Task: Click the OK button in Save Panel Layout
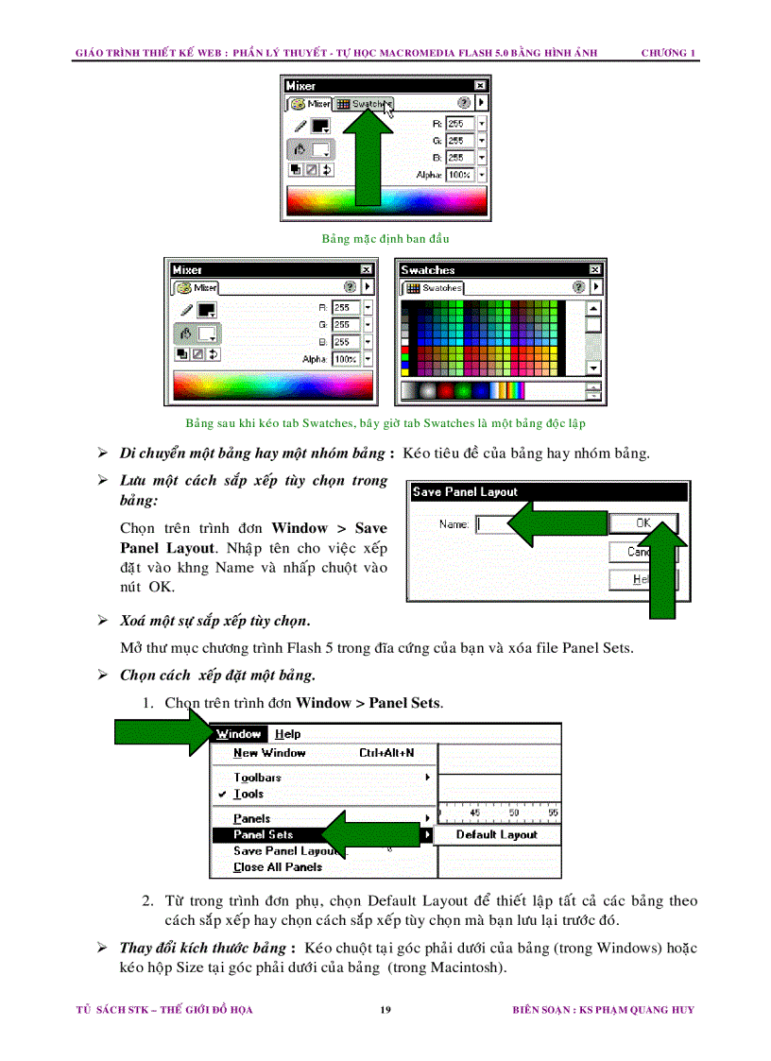(x=643, y=522)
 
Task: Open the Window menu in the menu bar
(x=238, y=734)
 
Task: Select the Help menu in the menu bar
(x=287, y=734)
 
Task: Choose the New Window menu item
(x=269, y=753)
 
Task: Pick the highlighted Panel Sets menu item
(x=264, y=835)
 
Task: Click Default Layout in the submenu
(x=496, y=835)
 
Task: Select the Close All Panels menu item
(x=278, y=867)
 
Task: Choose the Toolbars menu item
(x=257, y=778)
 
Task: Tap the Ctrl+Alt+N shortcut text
(x=386, y=753)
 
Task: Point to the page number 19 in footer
(x=385, y=1010)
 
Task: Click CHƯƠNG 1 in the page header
(x=669, y=53)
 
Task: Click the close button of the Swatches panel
(x=595, y=270)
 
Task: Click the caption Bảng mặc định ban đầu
(x=385, y=239)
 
